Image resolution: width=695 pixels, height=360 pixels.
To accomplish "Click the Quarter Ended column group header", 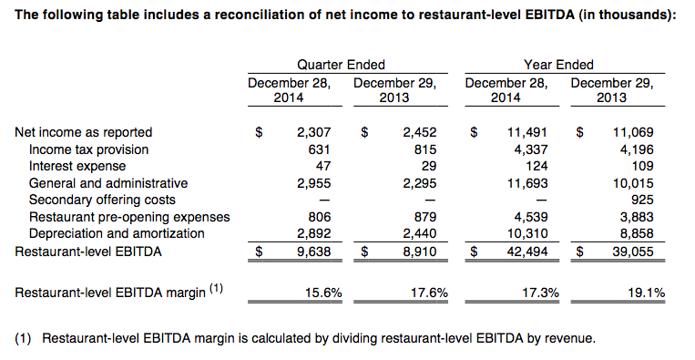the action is point(341,65).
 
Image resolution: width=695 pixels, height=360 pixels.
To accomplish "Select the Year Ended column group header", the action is point(558,65).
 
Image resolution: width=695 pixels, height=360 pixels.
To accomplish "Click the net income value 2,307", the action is point(314,132).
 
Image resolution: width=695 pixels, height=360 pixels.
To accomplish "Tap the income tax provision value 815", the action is point(425,149).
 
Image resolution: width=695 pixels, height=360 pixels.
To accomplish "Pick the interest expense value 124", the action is point(537,166).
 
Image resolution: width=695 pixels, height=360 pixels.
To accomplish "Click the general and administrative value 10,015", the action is point(633,183).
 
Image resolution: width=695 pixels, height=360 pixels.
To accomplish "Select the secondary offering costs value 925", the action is point(642,200).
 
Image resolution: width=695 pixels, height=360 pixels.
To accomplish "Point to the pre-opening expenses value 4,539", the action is point(531,217).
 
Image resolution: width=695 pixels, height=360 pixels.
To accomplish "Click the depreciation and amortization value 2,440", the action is point(419,233).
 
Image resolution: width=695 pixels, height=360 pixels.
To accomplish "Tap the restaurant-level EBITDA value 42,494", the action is point(527,252).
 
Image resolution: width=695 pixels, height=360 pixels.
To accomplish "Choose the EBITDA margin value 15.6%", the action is point(323,293).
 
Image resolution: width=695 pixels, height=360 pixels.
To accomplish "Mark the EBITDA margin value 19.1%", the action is point(647,293).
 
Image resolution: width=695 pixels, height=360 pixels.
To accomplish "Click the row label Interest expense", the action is point(77,166).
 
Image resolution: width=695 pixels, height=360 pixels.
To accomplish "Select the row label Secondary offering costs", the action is point(102,200).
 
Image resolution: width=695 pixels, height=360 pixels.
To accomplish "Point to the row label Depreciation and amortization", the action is point(117,233).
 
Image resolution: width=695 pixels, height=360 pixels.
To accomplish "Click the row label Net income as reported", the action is point(83,132).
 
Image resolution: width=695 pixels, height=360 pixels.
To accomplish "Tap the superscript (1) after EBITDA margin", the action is point(216,289).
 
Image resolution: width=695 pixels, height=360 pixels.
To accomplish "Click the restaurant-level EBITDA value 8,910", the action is point(419,252).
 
